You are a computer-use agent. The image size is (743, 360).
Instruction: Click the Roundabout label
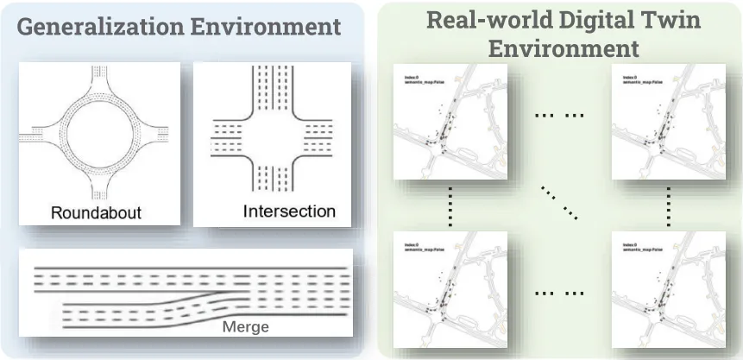coord(96,212)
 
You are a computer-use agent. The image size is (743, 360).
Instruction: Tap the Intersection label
coord(289,211)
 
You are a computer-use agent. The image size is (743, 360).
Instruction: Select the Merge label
coord(246,326)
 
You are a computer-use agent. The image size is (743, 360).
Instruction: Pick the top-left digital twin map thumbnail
coord(450,122)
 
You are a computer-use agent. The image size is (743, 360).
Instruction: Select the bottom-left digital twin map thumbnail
coord(450,287)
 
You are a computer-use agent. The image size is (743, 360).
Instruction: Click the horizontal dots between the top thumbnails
coord(559,114)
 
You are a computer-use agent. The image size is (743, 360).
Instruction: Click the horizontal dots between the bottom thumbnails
coord(559,294)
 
